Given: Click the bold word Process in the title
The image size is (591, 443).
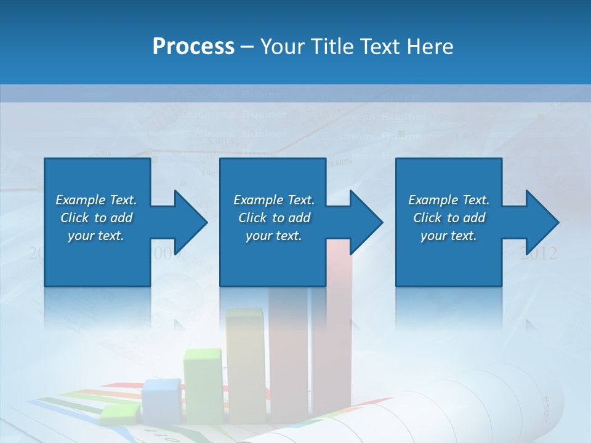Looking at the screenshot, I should click(x=193, y=47).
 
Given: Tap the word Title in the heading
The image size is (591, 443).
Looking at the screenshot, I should click(x=332, y=47).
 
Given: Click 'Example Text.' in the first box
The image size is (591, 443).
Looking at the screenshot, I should click(x=96, y=200).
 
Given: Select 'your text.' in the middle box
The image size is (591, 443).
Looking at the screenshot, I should click(x=273, y=236).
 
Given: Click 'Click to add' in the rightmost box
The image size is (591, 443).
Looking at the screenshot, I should click(x=449, y=218).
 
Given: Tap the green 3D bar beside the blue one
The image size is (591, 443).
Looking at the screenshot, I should click(x=204, y=385).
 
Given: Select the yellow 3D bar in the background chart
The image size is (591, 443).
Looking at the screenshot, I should click(x=245, y=363).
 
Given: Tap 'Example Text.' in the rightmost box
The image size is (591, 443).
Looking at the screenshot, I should click(x=449, y=200).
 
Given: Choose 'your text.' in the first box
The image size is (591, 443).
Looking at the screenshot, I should click(x=96, y=236).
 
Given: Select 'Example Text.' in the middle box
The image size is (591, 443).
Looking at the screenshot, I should click(x=274, y=200).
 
